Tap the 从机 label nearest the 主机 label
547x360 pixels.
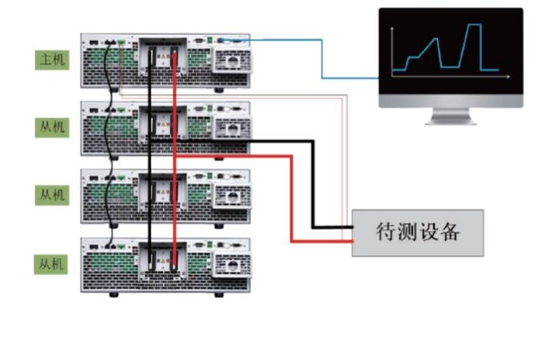(52, 127)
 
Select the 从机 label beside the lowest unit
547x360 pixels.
(52, 264)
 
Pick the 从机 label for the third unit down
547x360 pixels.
(52, 195)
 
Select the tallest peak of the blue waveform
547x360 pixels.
(474, 25)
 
